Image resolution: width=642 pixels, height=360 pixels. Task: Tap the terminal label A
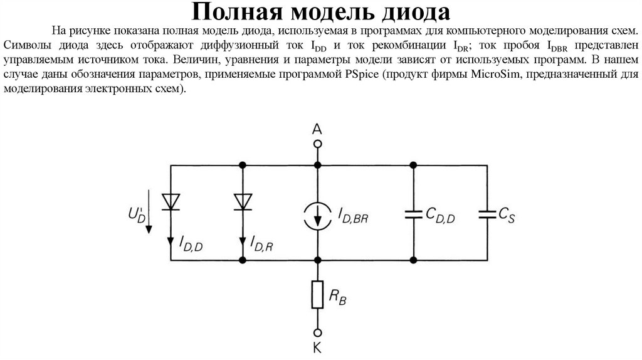pos(317,129)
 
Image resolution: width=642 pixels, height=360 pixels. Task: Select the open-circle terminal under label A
pos(318,144)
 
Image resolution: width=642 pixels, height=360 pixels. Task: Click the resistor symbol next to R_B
pos(318,295)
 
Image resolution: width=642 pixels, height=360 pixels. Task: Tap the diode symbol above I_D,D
pos(171,201)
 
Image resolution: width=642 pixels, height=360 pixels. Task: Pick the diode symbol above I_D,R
pos(243,201)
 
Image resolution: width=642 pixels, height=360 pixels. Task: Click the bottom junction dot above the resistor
pos(318,260)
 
